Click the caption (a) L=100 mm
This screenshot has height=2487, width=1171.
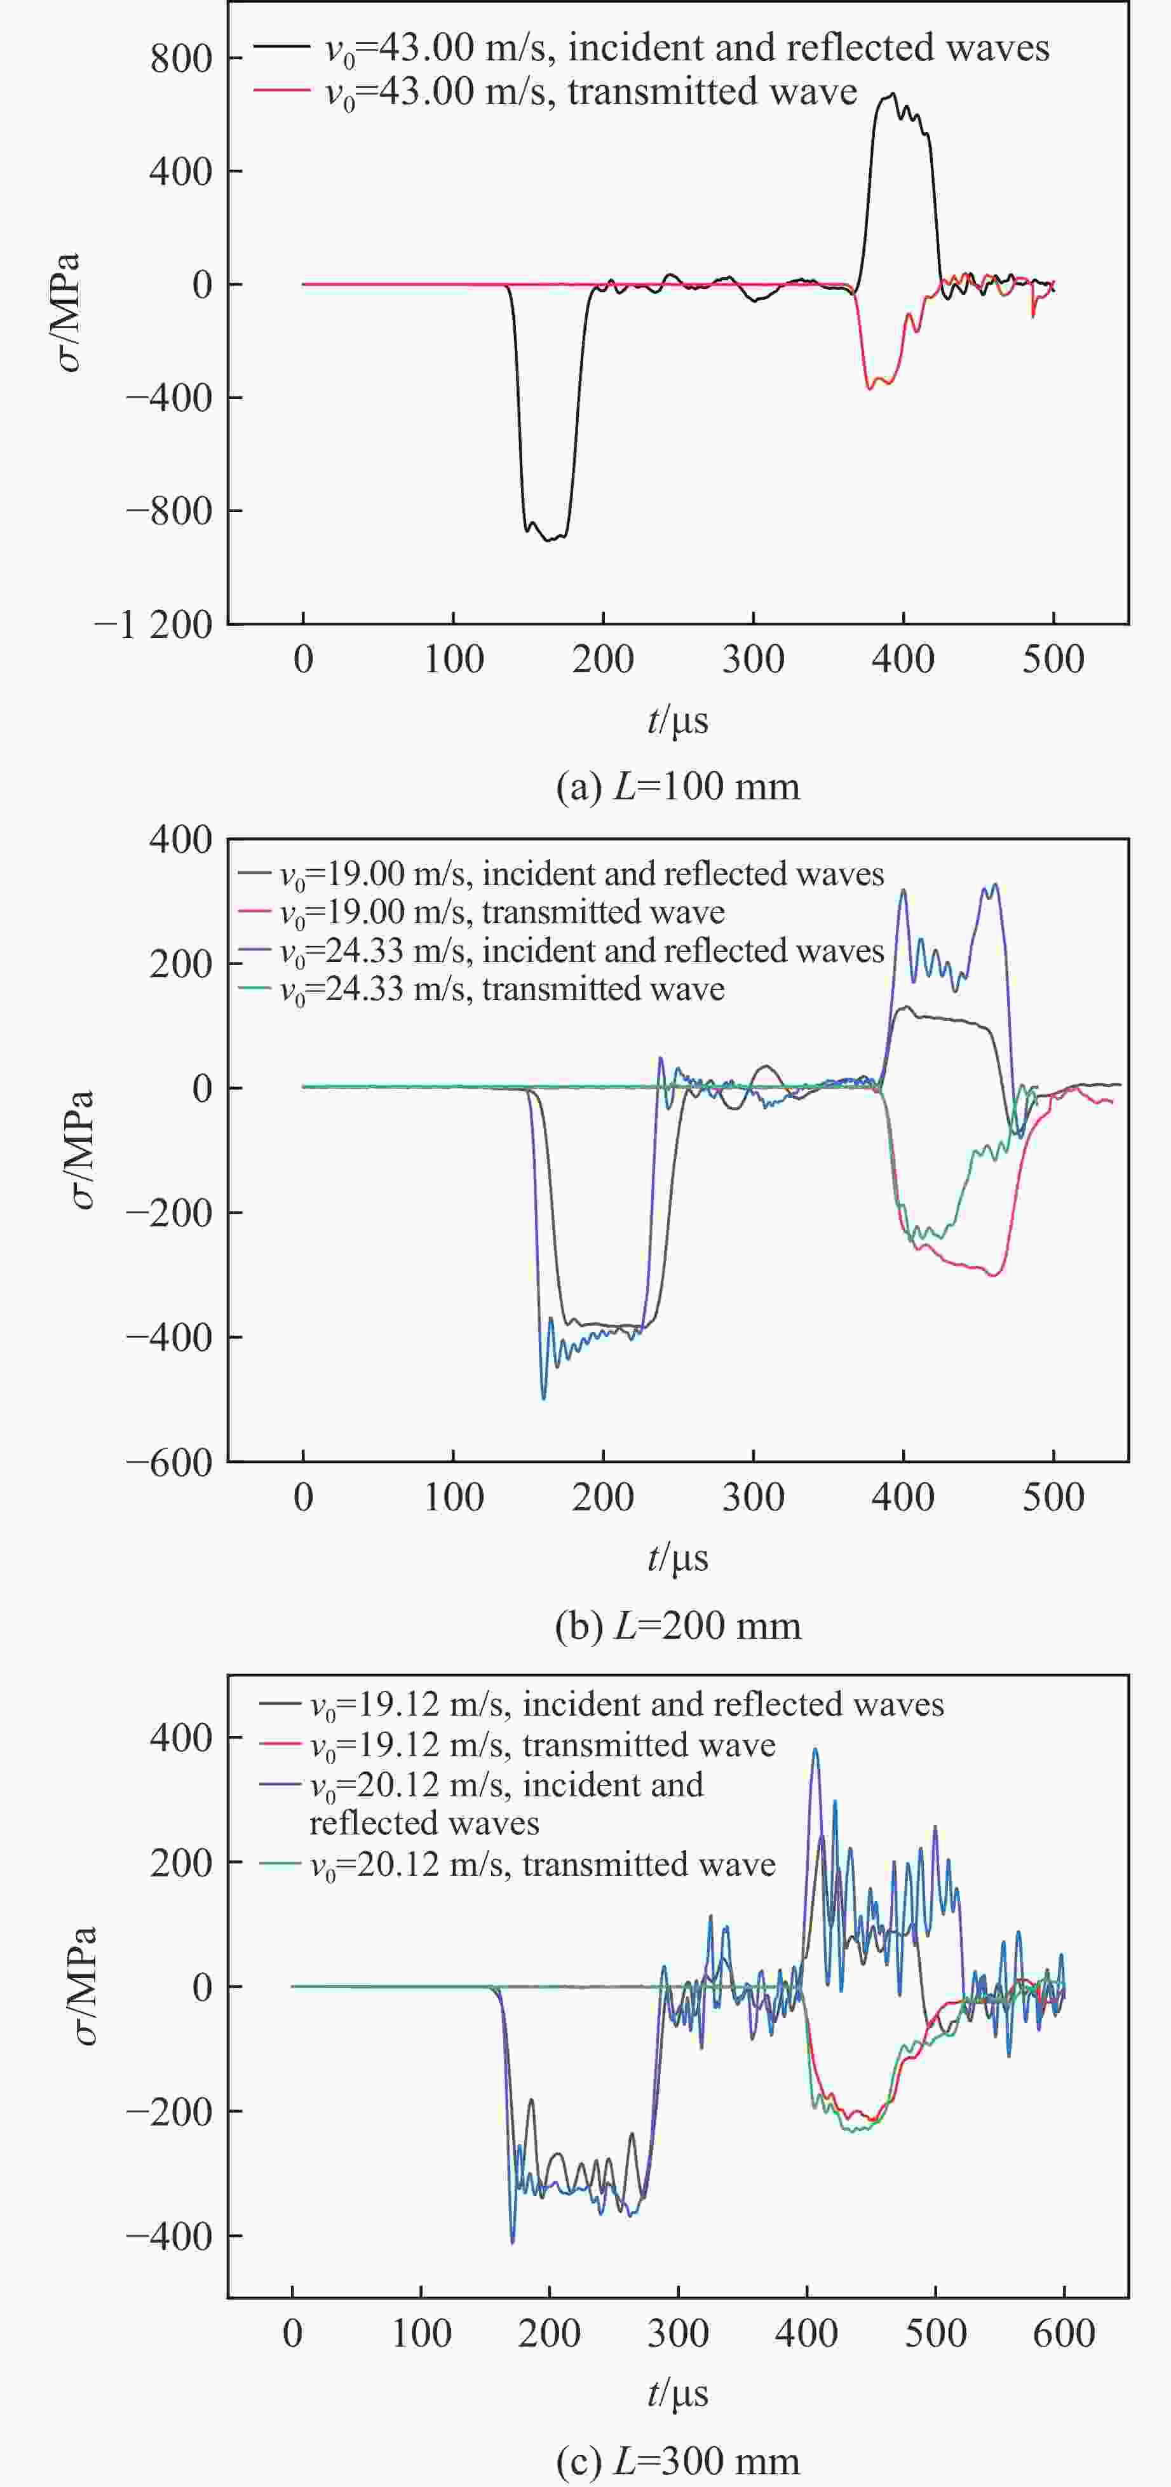pos(678,787)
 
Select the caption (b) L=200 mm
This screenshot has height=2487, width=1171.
pos(678,1626)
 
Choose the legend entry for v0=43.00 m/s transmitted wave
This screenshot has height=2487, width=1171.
pos(591,91)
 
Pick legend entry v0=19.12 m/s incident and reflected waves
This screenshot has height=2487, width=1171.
pos(626,1705)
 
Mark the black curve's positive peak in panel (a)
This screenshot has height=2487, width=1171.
pos(892,93)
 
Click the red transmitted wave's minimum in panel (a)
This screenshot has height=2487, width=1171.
pos(870,388)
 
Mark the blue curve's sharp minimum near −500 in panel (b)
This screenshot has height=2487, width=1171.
pos(543,1398)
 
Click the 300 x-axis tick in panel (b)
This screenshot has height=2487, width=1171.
pos(753,1498)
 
